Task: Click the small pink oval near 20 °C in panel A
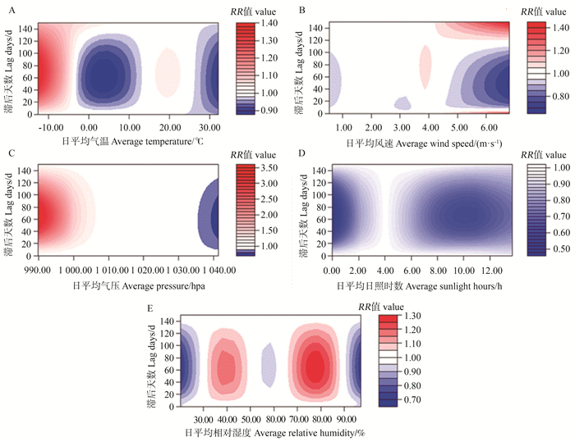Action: click(x=168, y=71)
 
